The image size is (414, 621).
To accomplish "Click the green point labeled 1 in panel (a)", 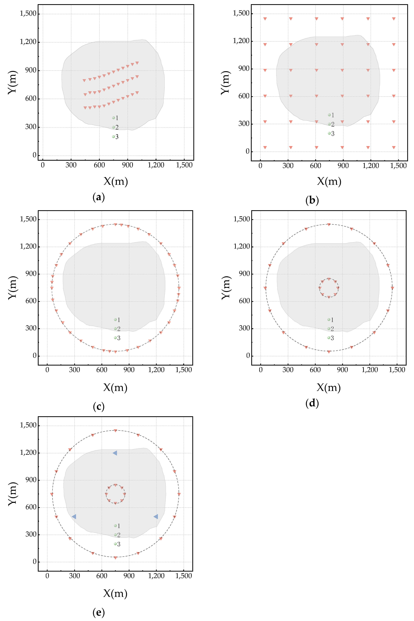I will tap(114, 118).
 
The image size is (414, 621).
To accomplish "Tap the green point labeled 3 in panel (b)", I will tap(329, 133).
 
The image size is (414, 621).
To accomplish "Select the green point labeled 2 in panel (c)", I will tap(115, 329).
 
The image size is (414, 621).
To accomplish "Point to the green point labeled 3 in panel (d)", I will tap(329, 338).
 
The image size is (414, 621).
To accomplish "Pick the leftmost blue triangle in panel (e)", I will tap(74, 516).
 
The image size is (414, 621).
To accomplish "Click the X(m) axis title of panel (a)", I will tap(116, 181).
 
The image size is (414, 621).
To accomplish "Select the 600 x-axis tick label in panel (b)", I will tap(316, 166).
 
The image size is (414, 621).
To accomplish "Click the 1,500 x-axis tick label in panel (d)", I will tap(397, 370).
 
